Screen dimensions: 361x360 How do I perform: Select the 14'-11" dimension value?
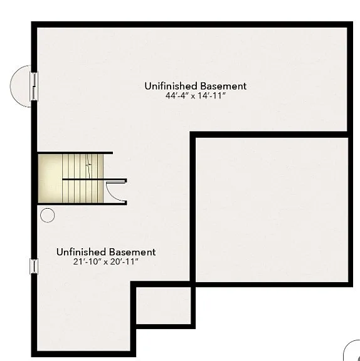pyautogui.click(x=213, y=96)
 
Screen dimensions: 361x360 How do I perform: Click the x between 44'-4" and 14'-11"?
pyautogui.click(x=195, y=97)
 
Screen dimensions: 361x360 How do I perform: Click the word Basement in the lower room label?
pyautogui.click(x=132, y=252)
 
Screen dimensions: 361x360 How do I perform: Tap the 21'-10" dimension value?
pyautogui.click(x=87, y=262)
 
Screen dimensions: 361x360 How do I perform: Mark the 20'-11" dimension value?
pyautogui.click(x=124, y=262)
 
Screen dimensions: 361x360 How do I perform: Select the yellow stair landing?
pyautogui.click(x=50, y=179)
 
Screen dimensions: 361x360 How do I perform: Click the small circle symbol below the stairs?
pyautogui.click(x=47, y=216)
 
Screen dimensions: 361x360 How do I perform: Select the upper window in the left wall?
pyautogui.click(x=34, y=85)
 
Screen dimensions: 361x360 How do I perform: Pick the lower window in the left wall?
pyautogui.click(x=34, y=266)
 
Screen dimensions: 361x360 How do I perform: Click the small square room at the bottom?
pyautogui.click(x=163, y=305)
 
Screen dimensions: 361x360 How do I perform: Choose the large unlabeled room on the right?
pyautogui.click(x=271, y=209)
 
